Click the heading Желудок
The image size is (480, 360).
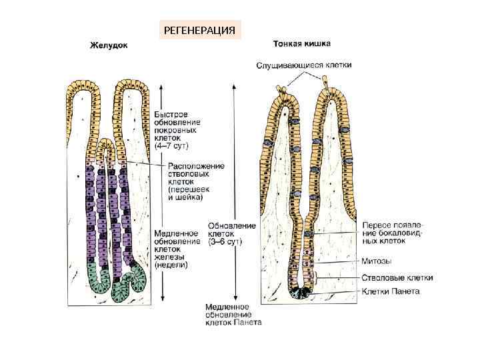click(x=109, y=46)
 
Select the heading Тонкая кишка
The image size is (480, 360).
click(x=303, y=45)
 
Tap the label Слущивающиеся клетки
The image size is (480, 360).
click(x=305, y=65)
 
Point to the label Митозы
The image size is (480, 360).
click(x=376, y=261)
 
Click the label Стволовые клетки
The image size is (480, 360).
click(x=397, y=277)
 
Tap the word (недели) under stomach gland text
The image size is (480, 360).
click(x=171, y=265)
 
